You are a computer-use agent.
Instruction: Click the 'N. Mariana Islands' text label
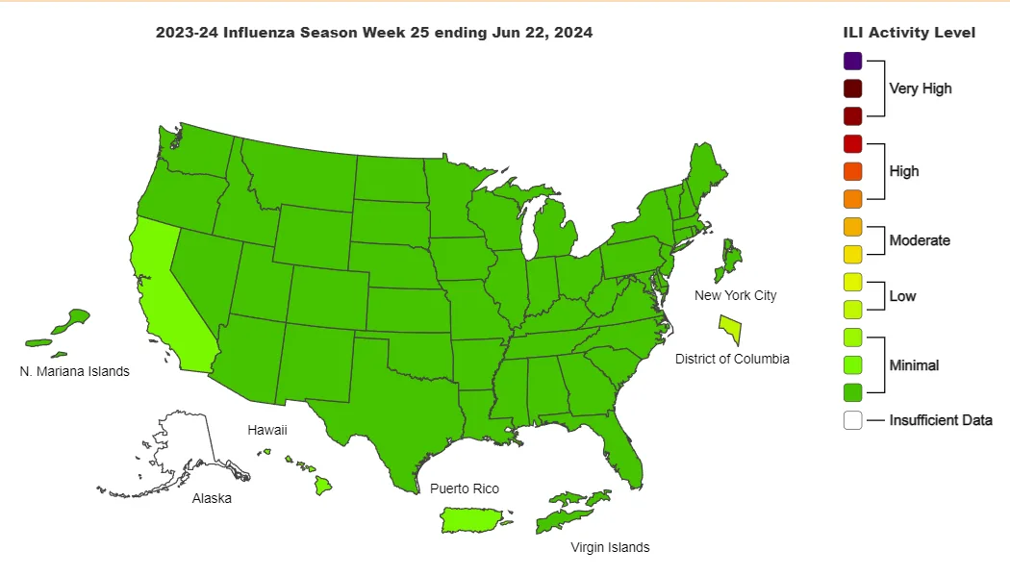[x=74, y=371]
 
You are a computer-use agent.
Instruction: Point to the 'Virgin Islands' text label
[x=610, y=547]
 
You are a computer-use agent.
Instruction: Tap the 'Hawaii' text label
[x=267, y=430]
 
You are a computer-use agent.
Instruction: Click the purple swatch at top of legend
[x=852, y=61]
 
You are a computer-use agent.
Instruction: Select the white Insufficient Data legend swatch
[x=852, y=420]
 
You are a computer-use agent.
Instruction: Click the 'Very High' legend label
[x=920, y=88]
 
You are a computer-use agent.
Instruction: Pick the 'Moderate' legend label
[x=919, y=240]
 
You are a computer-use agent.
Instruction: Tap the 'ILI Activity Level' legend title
[x=909, y=33]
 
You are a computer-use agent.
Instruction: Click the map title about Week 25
[x=374, y=33]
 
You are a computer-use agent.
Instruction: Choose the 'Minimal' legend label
[x=914, y=365]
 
